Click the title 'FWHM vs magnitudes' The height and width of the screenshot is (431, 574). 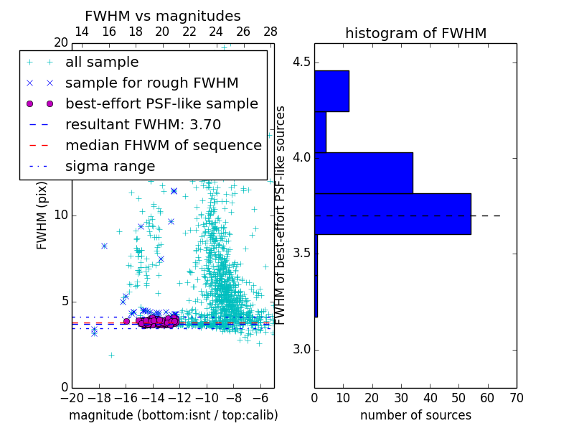click(163, 17)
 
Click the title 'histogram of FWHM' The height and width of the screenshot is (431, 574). click(415, 34)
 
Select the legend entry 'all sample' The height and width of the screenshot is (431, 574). click(102, 62)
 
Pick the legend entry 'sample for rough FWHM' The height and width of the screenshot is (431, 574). click(151, 83)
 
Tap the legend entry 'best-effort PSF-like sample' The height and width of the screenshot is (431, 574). click(161, 103)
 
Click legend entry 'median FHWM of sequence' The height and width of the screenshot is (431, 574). click(163, 145)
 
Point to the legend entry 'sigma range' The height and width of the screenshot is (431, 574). click(110, 166)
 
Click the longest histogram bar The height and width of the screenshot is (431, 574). click(392, 213)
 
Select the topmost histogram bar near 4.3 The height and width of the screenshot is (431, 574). click(331, 91)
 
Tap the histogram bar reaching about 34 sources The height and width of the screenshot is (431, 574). click(363, 172)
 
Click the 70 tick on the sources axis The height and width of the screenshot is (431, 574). click(516, 397)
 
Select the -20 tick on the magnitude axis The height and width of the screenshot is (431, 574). click(72, 397)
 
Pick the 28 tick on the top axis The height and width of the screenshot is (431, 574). click(270, 32)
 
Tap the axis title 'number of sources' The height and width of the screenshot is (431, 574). click(415, 415)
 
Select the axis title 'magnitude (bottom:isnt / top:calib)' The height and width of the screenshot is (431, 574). click(173, 415)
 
